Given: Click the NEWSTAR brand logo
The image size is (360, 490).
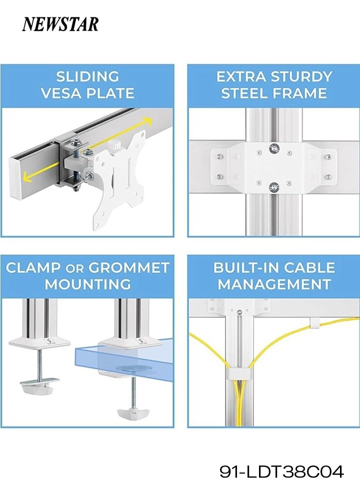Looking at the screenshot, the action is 60,24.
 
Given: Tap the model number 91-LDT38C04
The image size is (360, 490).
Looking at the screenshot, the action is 281,472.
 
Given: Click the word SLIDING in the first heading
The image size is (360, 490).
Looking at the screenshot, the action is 87,77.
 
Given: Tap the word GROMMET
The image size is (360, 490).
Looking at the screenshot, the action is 129,268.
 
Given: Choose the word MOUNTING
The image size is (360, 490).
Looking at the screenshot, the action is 87,284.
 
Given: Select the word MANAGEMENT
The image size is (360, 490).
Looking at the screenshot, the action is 274,284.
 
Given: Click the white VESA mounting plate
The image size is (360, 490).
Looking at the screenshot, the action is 119,182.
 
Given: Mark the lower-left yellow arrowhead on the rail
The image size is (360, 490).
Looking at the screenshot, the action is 28,177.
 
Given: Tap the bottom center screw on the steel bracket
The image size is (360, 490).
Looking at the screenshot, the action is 274,187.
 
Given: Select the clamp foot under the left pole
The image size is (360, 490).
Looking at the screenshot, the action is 39,385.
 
